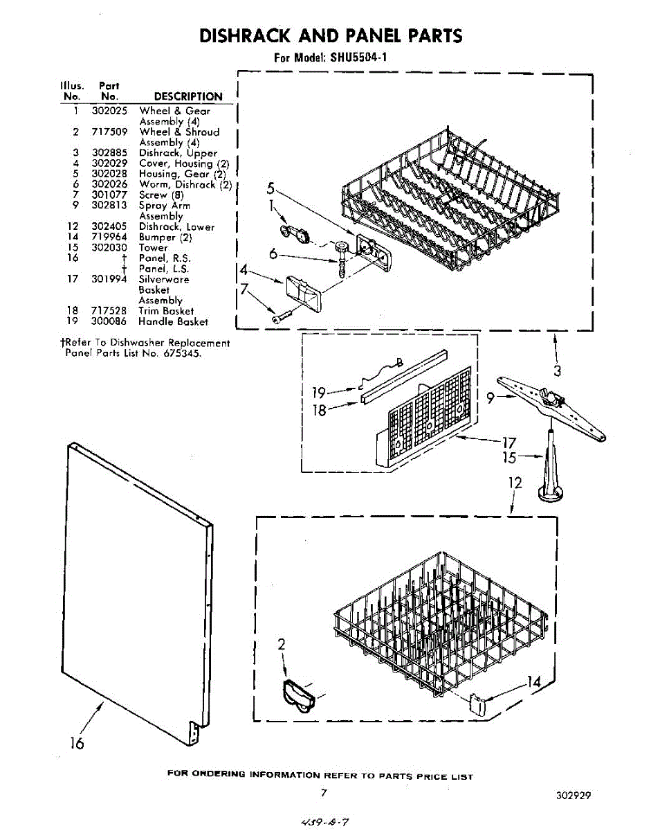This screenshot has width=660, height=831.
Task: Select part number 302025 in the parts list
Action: click(x=107, y=111)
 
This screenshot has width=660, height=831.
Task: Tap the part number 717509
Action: click(x=107, y=132)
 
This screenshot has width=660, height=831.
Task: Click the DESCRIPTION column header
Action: click(x=187, y=97)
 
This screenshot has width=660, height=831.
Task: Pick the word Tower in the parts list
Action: click(x=153, y=247)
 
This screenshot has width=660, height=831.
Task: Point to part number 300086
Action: click(x=107, y=321)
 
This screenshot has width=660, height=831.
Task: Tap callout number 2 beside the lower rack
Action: click(x=282, y=645)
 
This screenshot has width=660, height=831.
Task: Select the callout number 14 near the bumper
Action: click(x=533, y=682)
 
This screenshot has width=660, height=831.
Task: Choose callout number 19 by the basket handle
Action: click(x=318, y=394)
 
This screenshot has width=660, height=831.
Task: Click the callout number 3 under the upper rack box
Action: click(x=557, y=370)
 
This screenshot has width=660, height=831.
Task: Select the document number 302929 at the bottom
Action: click(x=573, y=796)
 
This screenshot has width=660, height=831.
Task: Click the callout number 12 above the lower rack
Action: click(x=514, y=483)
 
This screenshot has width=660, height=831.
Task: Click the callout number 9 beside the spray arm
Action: click(x=491, y=398)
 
